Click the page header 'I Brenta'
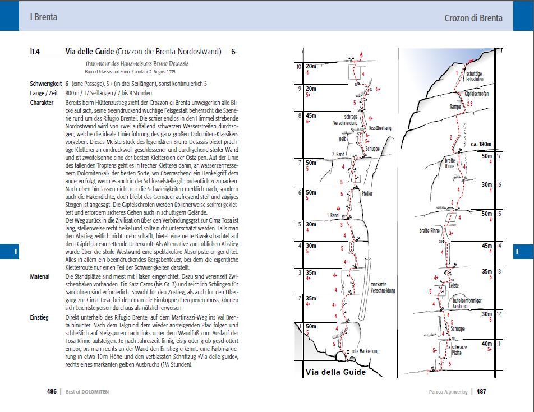(x=43, y=17)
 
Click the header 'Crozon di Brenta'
(x=473, y=17)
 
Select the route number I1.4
(x=38, y=52)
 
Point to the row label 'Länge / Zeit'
(x=45, y=93)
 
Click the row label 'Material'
(x=40, y=276)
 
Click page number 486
(x=52, y=392)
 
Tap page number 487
(x=481, y=392)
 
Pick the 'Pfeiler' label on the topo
(x=367, y=193)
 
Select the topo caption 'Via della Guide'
(x=335, y=372)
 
